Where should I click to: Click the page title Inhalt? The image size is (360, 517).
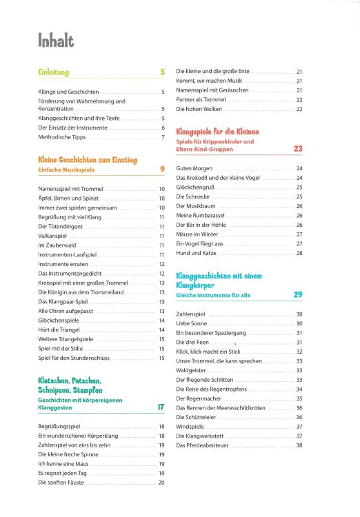tap(56, 42)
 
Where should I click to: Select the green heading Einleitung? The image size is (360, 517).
tap(54, 72)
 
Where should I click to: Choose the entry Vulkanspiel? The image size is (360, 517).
tap(52, 236)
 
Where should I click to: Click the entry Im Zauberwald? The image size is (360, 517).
tap(54, 245)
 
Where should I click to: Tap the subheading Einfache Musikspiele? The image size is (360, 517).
tap(66, 169)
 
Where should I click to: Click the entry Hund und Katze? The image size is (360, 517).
tap(198, 253)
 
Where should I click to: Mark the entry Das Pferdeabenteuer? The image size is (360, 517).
tap(203, 445)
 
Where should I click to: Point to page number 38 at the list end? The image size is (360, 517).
tap(299, 445)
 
